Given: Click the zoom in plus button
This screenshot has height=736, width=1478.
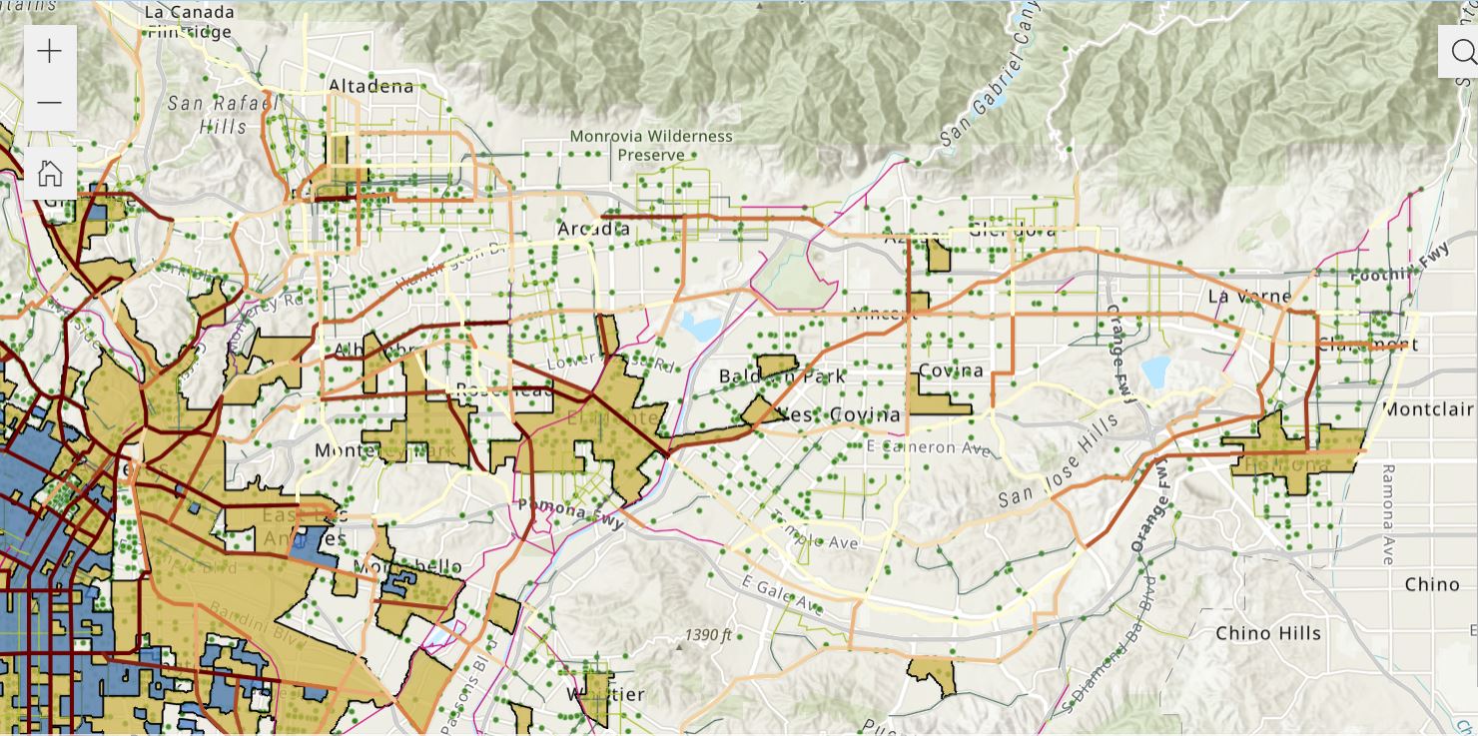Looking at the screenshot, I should point(49,52).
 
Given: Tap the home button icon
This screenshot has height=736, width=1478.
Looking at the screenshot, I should point(49,174).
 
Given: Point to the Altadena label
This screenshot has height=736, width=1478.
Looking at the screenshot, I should point(370,86).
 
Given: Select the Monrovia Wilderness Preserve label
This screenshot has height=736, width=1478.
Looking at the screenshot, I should point(651,145).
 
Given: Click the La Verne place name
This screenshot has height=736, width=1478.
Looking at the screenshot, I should point(1249,297).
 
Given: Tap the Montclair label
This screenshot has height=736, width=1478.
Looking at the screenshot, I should point(1428,409).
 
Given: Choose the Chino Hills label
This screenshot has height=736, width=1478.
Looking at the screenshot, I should point(1267,633).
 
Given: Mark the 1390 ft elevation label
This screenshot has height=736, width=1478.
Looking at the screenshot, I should point(709,635).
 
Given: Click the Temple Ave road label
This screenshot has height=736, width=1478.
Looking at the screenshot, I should point(821,536).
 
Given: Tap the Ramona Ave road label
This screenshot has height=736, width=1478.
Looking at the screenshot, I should point(1387,514).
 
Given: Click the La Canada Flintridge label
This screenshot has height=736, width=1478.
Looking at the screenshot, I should point(190,22).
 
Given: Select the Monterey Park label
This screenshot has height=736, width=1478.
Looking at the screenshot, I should point(384,450).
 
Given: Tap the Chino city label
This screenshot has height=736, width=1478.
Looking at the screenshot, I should point(1431,583).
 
